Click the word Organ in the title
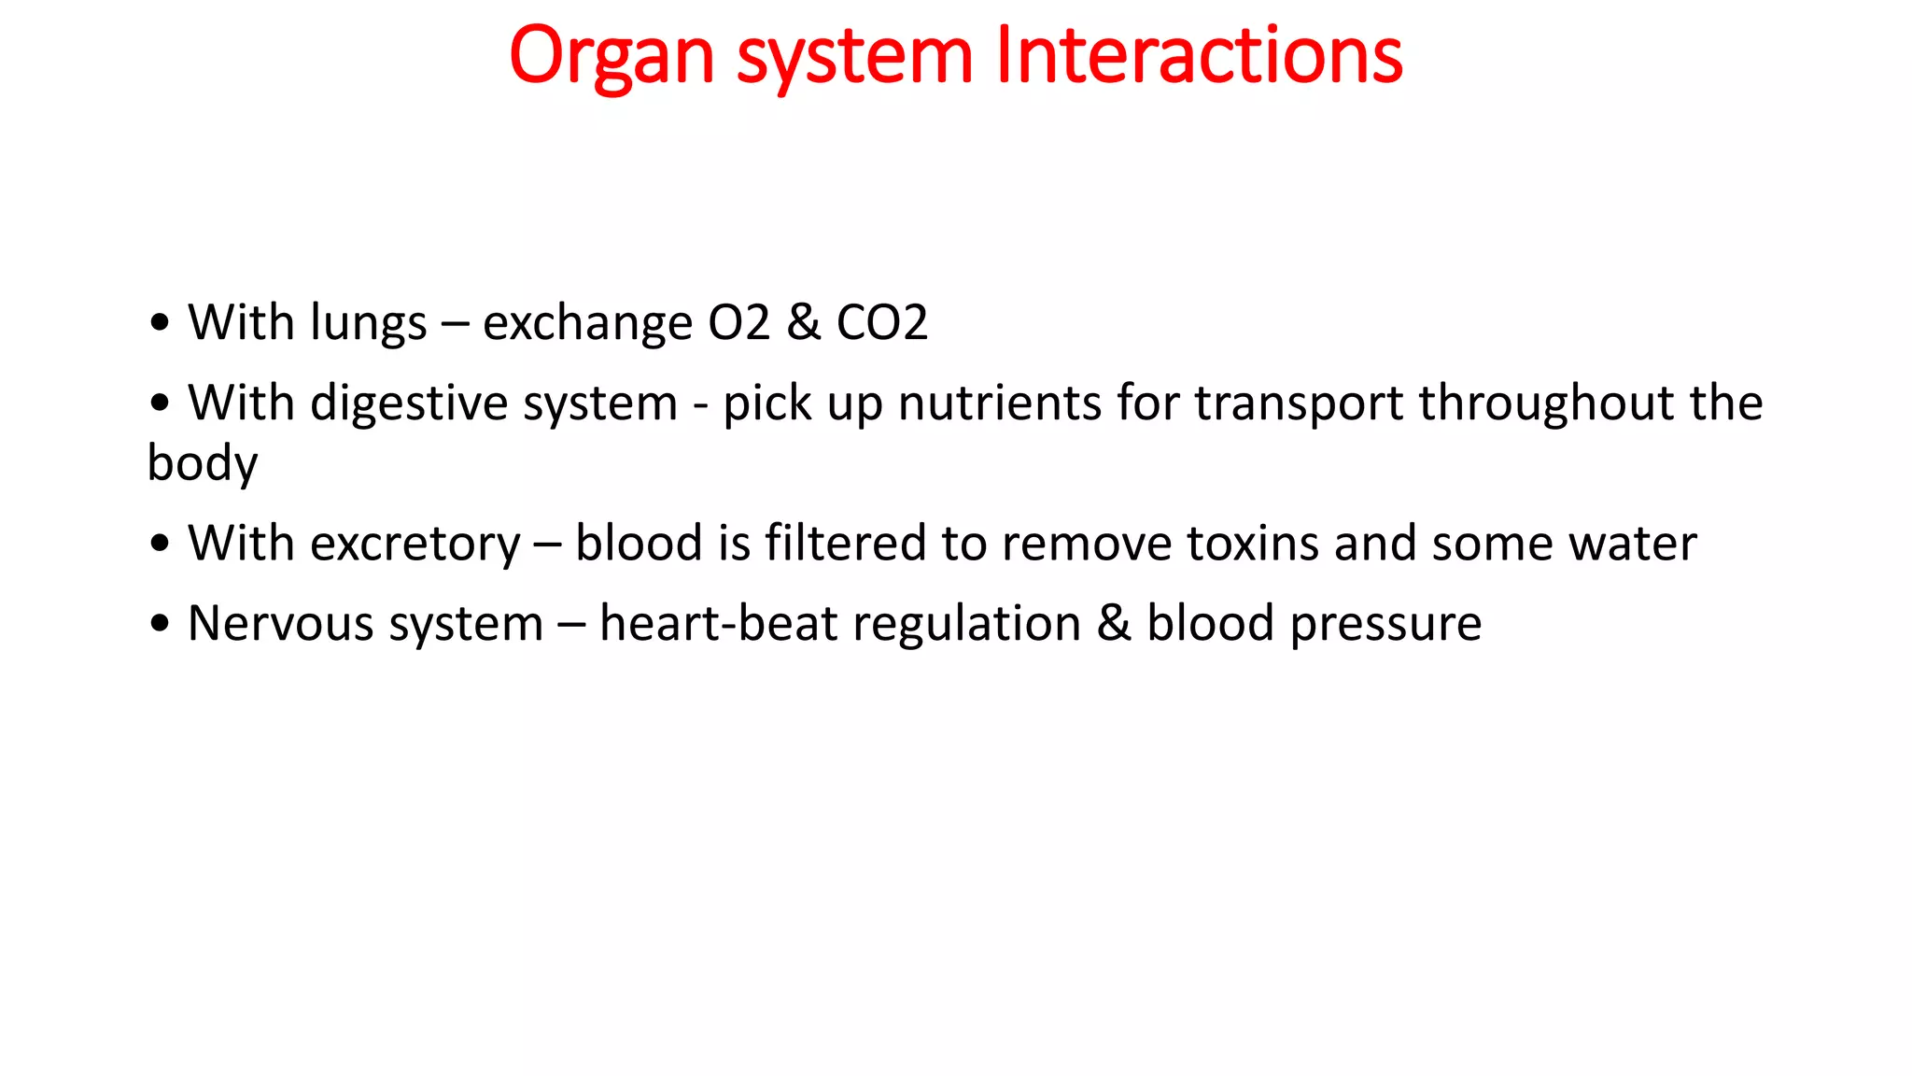[612, 56]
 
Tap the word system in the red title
[854, 56]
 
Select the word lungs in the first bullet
[368, 324]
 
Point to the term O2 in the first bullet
[738, 322]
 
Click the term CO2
[881, 322]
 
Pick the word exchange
[587, 324]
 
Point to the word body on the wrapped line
[202, 464]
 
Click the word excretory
[415, 545]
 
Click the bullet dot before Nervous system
[160, 624]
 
